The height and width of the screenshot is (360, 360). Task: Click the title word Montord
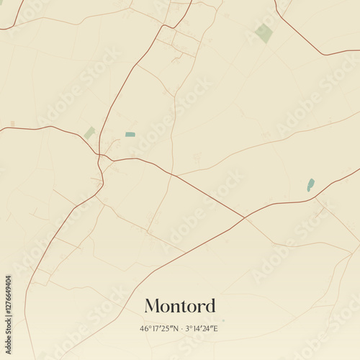click(180, 306)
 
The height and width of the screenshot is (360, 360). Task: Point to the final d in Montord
click(210, 306)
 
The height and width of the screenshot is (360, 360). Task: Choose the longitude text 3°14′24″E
click(202, 329)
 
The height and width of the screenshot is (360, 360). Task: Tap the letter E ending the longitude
click(215, 329)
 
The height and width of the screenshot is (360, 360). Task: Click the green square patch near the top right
click(264, 33)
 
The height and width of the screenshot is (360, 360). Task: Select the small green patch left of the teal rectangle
click(89, 132)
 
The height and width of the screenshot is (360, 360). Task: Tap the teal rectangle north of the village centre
click(130, 134)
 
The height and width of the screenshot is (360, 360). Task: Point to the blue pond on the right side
click(310, 185)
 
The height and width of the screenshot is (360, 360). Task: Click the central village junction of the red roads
click(101, 154)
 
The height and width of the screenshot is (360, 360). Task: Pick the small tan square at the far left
click(12, 124)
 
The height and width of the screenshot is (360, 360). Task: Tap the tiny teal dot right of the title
click(223, 320)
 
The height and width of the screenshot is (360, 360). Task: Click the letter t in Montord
click(185, 306)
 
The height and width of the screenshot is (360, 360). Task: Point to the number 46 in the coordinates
click(144, 329)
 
